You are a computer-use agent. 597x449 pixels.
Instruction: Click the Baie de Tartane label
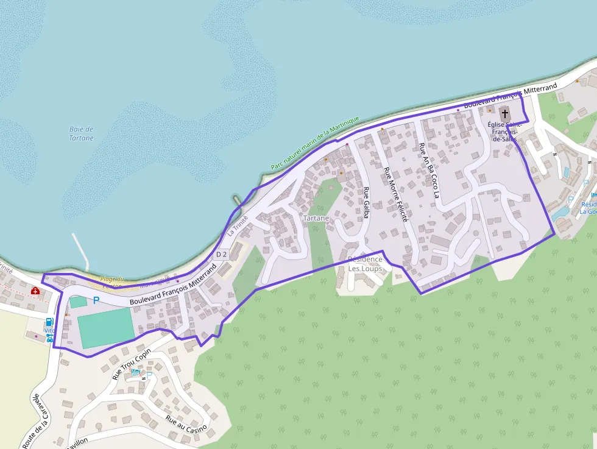pyautogui.click(x=81, y=133)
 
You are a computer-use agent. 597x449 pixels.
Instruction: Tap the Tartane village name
pyautogui.click(x=316, y=218)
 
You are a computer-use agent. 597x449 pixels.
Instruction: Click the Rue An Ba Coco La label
pyautogui.click(x=428, y=171)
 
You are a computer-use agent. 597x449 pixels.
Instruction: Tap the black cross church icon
pyautogui.click(x=504, y=113)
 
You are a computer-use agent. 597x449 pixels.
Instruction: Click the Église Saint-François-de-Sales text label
pyautogui.click(x=505, y=131)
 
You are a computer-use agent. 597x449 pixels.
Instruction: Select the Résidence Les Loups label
pyautogui.click(x=365, y=264)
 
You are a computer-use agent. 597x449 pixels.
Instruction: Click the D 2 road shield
pyautogui.click(x=222, y=254)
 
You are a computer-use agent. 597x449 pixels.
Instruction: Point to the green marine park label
pyautogui.click(x=315, y=144)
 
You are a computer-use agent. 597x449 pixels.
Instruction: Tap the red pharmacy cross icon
pyautogui.click(x=35, y=291)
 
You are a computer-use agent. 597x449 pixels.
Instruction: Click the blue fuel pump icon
pyautogui.click(x=49, y=322)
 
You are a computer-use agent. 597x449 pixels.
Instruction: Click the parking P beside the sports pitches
pyautogui.click(x=96, y=300)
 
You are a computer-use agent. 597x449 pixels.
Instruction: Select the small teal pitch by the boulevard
pyautogui.click(x=78, y=302)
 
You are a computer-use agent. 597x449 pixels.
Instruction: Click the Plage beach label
pyautogui.click(x=113, y=280)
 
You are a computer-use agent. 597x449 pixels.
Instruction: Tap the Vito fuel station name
pyautogui.click(x=49, y=331)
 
